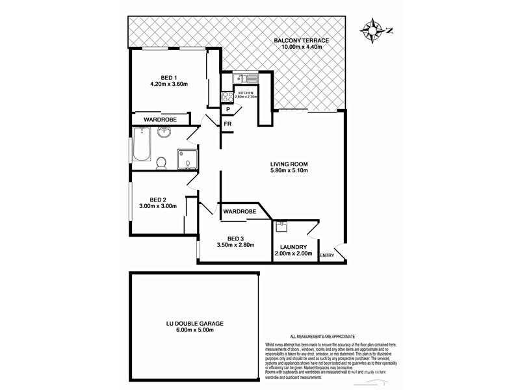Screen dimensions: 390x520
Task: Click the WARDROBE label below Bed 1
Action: (x=161, y=120)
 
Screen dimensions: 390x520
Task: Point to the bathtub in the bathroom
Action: (x=141, y=145)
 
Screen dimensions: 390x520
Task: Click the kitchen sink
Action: (x=246, y=79)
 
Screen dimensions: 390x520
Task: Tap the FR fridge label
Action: (x=228, y=123)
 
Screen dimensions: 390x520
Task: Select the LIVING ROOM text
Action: (x=289, y=163)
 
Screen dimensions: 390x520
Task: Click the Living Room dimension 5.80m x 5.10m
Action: (x=289, y=171)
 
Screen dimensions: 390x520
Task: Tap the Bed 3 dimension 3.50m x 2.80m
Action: (x=235, y=245)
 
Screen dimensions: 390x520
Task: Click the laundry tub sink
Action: (x=282, y=227)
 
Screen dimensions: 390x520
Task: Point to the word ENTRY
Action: (x=327, y=255)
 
